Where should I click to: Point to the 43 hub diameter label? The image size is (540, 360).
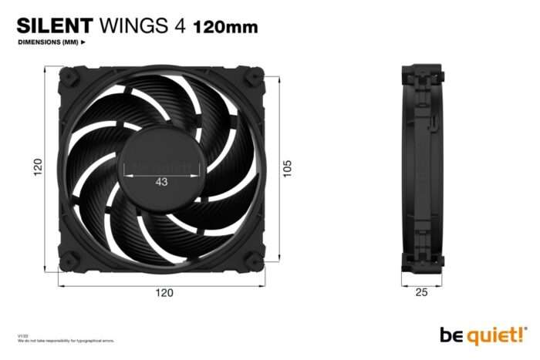161,182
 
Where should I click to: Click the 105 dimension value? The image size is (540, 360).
288,168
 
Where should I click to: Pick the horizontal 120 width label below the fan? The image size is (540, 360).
164,292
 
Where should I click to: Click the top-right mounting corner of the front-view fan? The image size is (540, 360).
255,78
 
